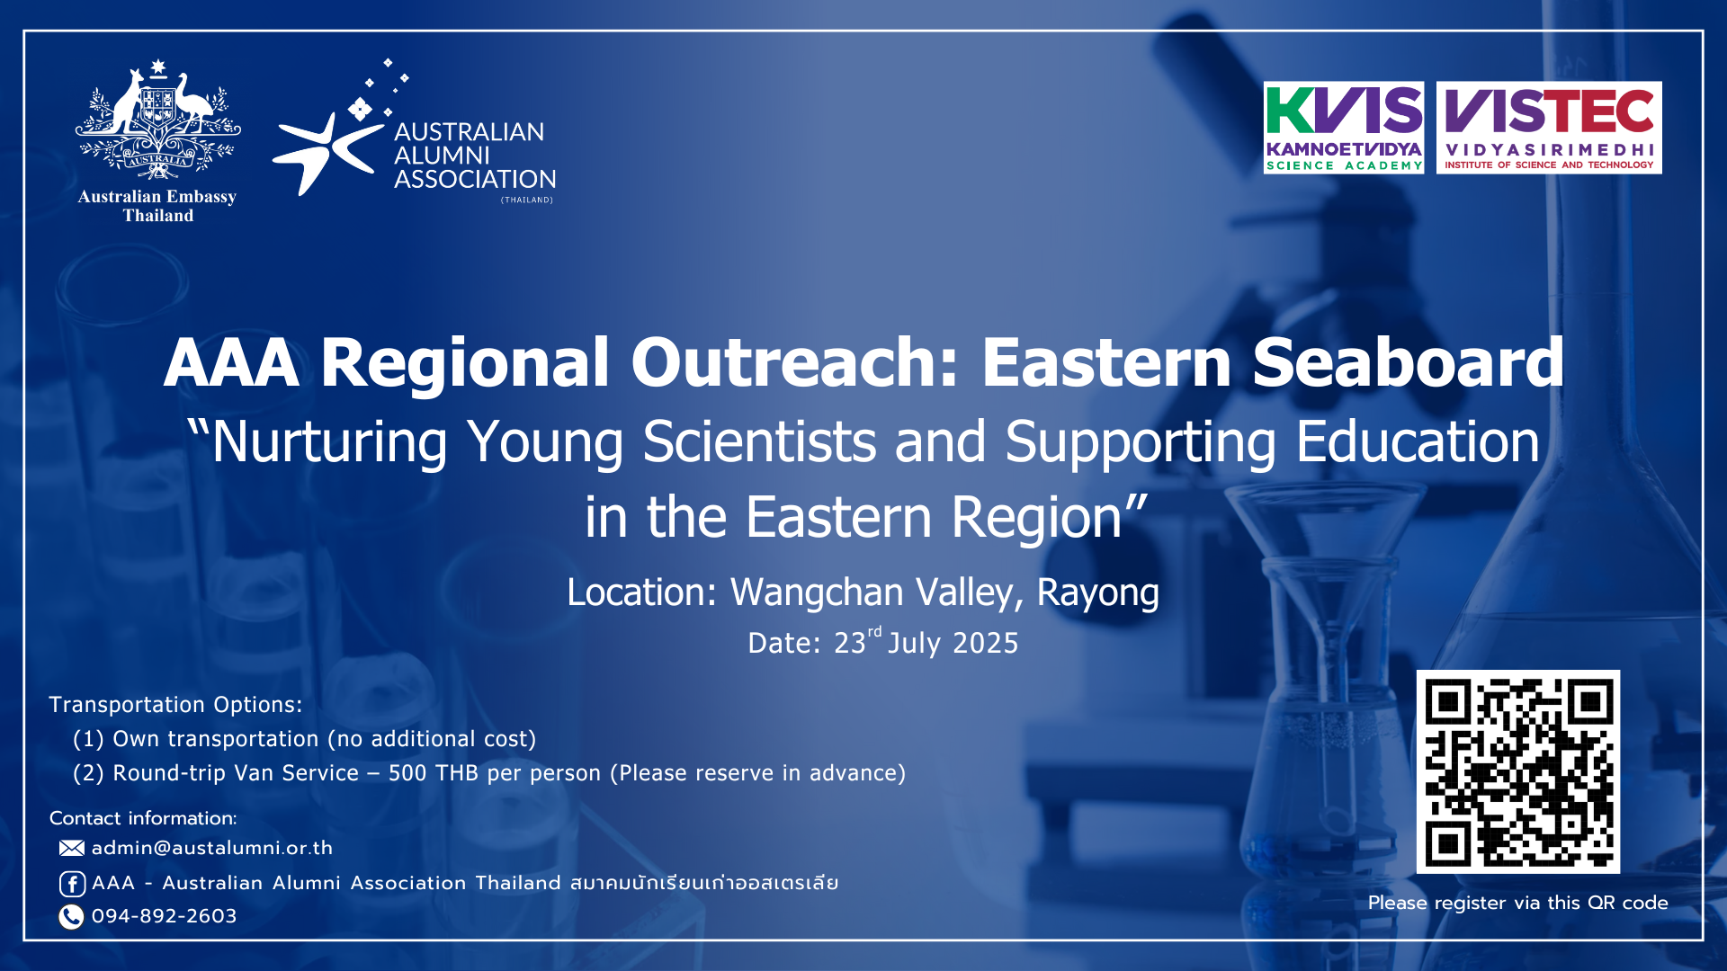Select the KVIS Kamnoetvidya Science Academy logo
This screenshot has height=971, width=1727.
point(1344,128)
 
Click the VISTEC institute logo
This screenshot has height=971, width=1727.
point(1549,128)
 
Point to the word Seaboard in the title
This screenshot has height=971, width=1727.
point(1408,362)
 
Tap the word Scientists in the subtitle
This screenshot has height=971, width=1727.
point(759,441)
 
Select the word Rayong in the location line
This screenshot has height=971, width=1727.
point(1097,593)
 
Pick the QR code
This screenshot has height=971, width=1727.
point(1518,771)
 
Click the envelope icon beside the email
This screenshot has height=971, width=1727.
point(72,848)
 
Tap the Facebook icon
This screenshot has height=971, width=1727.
point(72,884)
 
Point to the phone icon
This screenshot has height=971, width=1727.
point(71,916)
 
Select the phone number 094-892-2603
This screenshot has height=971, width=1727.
point(164,916)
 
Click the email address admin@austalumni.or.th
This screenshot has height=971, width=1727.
point(212,848)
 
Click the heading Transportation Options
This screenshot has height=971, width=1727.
point(175,705)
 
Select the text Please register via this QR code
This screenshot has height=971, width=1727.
point(1518,903)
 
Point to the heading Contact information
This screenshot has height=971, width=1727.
point(143,818)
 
